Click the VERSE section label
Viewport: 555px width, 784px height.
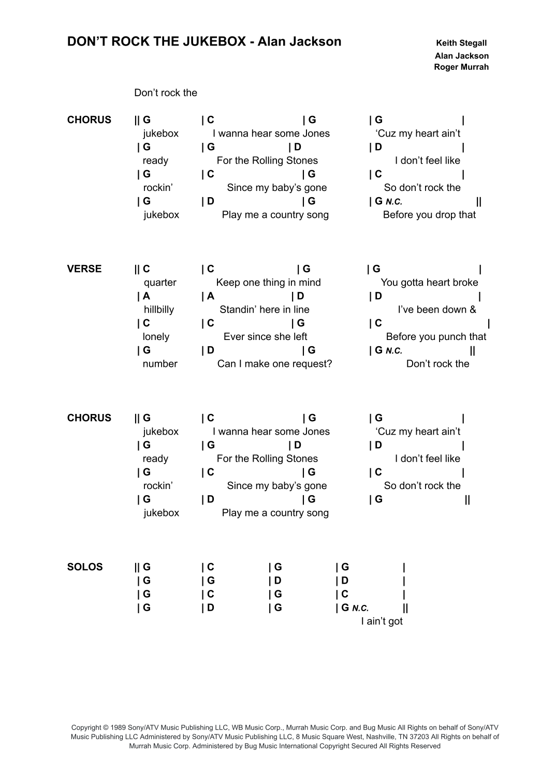click(x=84, y=269)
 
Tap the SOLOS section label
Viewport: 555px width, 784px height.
click(x=85, y=567)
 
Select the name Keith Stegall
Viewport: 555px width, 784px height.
click(x=461, y=43)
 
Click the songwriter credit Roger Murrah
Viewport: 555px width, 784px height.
click(x=461, y=67)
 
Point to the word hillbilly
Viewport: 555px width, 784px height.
click(x=159, y=309)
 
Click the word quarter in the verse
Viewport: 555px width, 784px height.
click(x=160, y=283)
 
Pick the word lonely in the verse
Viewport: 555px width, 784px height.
click(x=156, y=337)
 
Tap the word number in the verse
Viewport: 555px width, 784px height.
click(x=160, y=364)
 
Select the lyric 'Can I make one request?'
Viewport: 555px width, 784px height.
click(x=274, y=364)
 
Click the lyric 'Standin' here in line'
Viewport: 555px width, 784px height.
click(x=264, y=309)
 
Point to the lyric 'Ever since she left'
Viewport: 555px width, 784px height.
click(x=265, y=337)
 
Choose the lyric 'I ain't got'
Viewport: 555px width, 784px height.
click(x=382, y=622)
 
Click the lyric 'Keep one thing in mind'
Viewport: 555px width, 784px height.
click(x=268, y=283)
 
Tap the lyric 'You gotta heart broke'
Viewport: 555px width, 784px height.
click(x=429, y=283)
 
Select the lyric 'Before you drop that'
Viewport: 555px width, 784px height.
click(x=429, y=215)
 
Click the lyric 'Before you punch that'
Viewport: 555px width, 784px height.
click(x=436, y=337)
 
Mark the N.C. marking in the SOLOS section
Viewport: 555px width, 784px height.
click(x=360, y=609)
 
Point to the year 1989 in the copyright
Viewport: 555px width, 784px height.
click(x=119, y=728)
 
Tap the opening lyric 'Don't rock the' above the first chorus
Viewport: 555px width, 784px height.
click(x=166, y=93)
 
